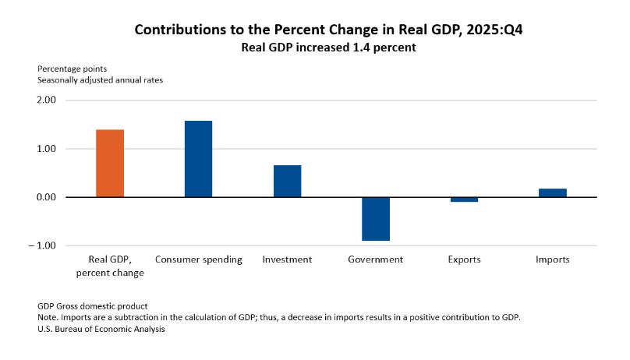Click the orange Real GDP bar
[110, 163]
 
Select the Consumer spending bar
[198, 159]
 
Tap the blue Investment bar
[287, 181]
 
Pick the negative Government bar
[375, 219]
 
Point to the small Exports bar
[464, 199]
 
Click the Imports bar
[552, 192]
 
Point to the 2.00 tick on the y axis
[46, 101]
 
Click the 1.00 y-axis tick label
[46, 149]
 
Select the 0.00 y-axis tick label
[46, 197]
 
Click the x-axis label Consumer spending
[199, 259]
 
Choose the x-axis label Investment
[287, 259]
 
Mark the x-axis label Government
[375, 259]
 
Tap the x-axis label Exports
[464, 259]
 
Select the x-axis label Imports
[552, 259]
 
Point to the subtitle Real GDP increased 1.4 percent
[315, 47]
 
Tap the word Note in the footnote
[48, 318]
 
